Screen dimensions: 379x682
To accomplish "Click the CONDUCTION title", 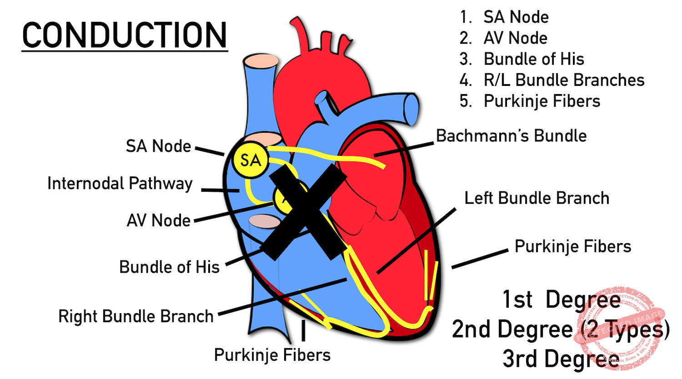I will [x=125, y=35].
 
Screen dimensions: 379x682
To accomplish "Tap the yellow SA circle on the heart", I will [x=251, y=160].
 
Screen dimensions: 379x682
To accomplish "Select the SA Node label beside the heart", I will [x=158, y=146].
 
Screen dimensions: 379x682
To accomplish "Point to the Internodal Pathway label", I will [x=120, y=184].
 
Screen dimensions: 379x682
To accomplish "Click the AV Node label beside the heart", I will [x=158, y=220].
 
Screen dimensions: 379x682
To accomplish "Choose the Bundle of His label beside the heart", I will [x=169, y=267].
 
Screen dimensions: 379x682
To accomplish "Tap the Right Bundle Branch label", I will [x=136, y=316].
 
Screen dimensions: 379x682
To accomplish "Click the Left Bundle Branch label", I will [x=537, y=198].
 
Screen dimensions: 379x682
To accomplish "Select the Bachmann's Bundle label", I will [x=511, y=135].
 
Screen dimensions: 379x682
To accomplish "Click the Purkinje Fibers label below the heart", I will [x=272, y=355].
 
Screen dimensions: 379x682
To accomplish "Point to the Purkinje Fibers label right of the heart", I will [x=573, y=246].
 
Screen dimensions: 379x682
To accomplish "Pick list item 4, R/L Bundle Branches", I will [x=564, y=80].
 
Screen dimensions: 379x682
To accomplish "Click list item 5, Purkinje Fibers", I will [x=542, y=101].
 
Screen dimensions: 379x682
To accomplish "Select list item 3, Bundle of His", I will [x=533, y=59].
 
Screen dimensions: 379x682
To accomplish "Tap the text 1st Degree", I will [x=561, y=300].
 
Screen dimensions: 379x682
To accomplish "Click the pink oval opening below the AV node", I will [x=265, y=221].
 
